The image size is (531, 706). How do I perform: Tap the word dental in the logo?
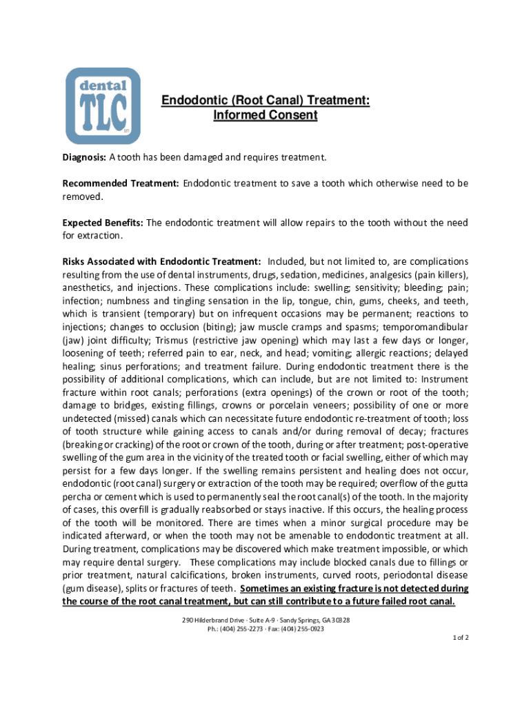[x=103, y=86]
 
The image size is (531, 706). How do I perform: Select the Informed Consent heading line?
[x=265, y=116]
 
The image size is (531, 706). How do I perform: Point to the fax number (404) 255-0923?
[x=301, y=629]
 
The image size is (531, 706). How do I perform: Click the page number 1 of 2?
[x=460, y=638]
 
